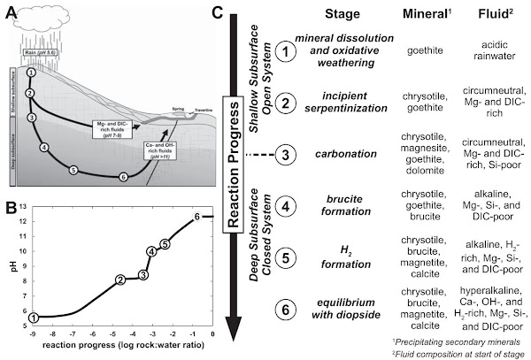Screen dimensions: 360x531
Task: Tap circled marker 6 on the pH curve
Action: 196,216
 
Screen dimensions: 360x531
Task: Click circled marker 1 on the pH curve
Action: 34,317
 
